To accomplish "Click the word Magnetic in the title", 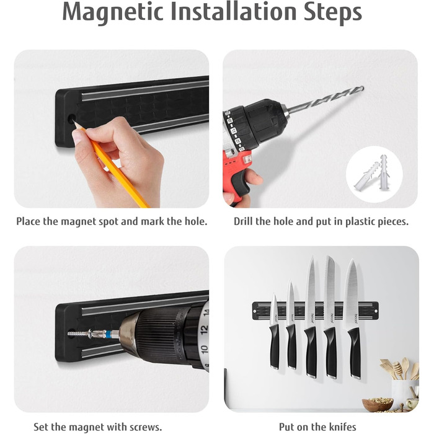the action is [x=112, y=12].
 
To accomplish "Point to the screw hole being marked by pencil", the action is [x=72, y=119].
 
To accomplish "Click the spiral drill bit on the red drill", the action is [x=325, y=100].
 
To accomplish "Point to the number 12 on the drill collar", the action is [x=203, y=329].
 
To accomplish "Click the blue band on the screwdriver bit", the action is [x=108, y=334].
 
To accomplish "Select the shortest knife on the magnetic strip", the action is [x=274, y=332].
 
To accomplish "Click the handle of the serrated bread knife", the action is [x=330, y=352].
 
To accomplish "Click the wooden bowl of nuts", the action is [x=378, y=404].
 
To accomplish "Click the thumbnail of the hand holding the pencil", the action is [x=112, y=129].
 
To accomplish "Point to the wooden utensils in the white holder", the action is [x=399, y=369].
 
